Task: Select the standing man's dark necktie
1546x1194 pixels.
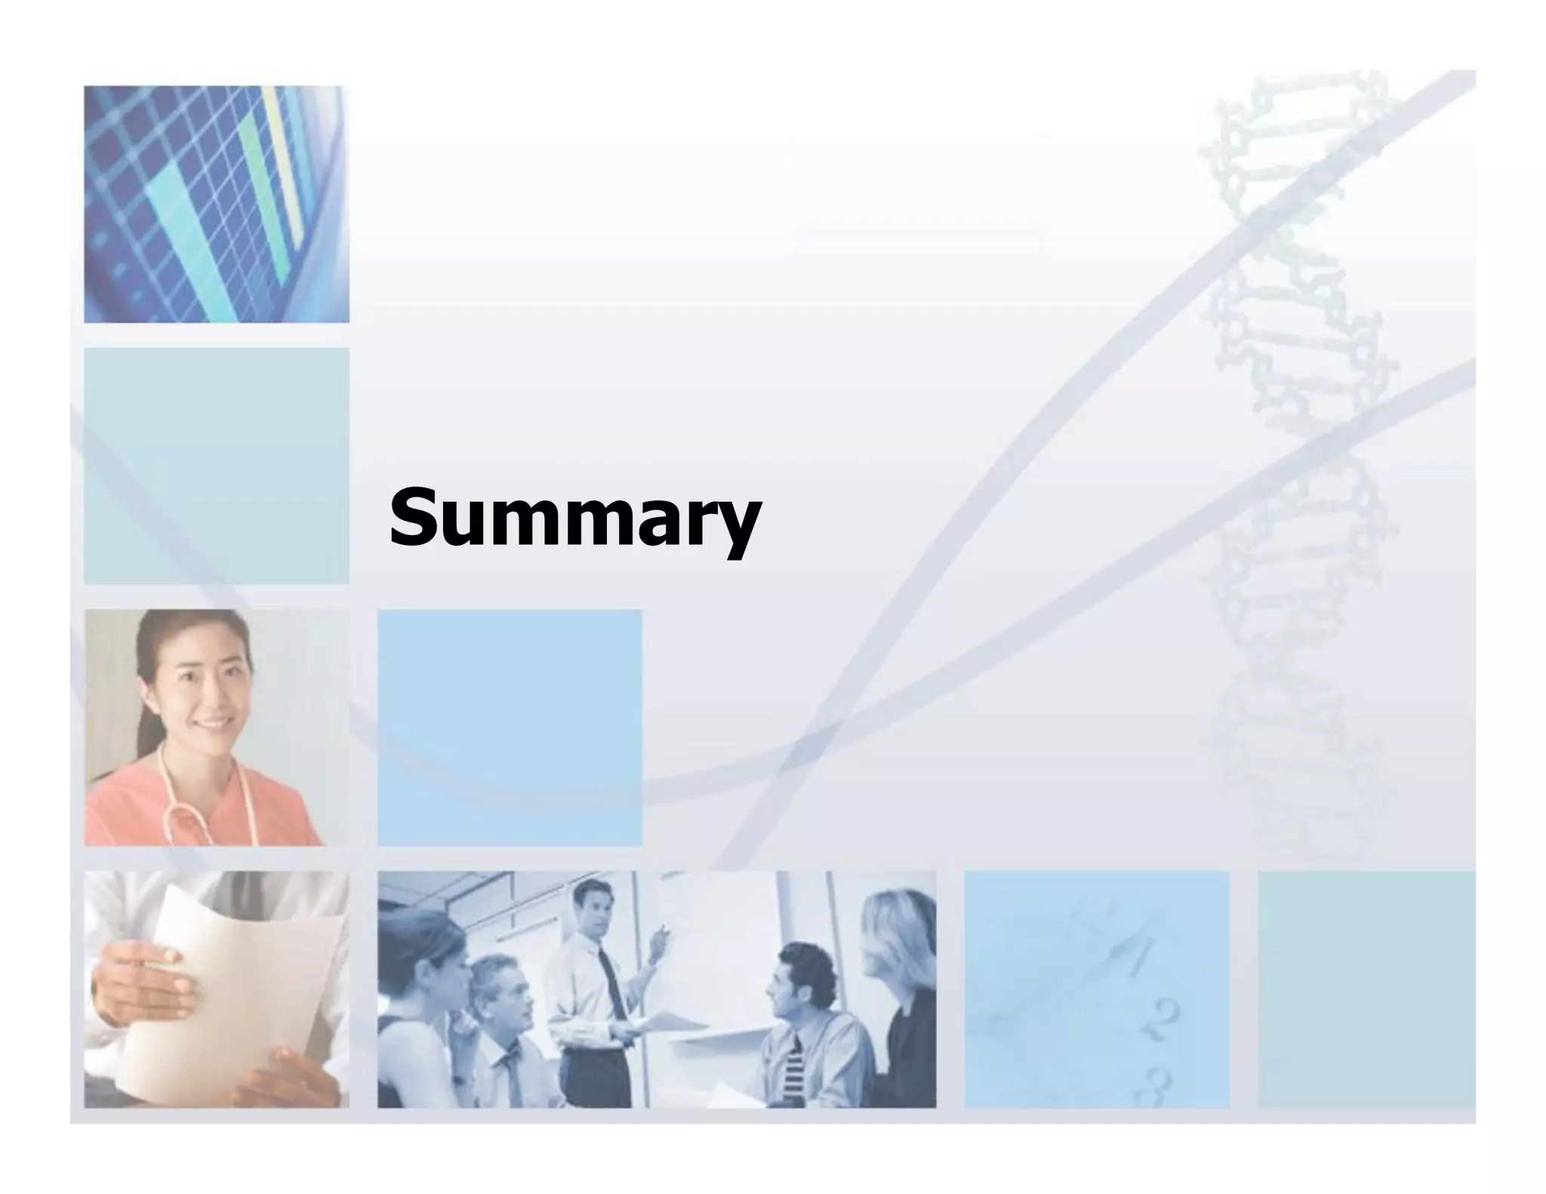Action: tap(612, 982)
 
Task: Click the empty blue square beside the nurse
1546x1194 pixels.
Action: tap(510, 728)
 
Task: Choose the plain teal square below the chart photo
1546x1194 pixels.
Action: tap(216, 466)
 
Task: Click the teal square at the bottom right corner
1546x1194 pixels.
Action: tap(1366, 989)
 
